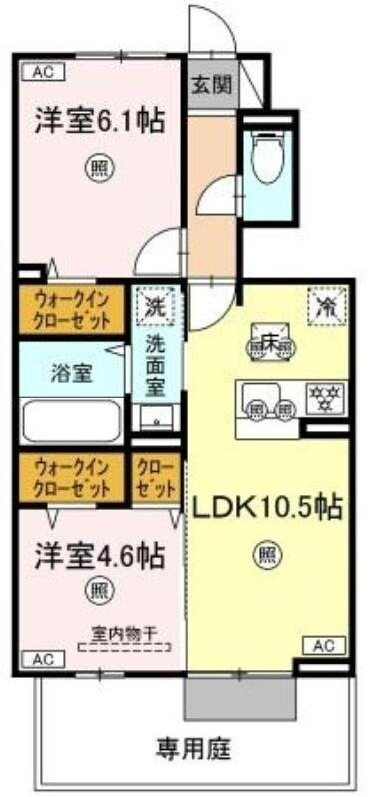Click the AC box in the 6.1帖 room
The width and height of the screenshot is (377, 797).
click(x=44, y=71)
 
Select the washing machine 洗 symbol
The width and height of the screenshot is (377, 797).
click(x=156, y=303)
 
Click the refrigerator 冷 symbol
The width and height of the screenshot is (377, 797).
click(x=324, y=305)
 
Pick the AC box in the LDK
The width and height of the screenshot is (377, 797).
click(x=322, y=646)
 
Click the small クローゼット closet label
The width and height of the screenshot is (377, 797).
click(x=158, y=474)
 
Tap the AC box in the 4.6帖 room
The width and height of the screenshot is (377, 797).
click(x=43, y=659)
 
